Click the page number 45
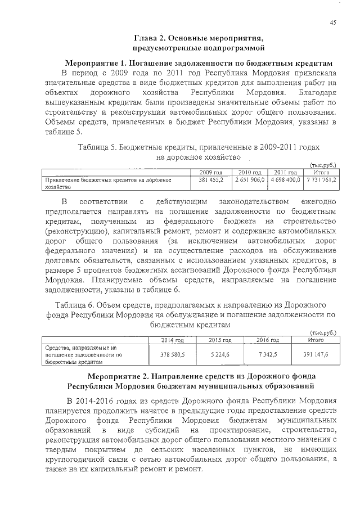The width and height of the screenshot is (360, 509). click(333, 22)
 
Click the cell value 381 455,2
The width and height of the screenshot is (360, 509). click(211, 179)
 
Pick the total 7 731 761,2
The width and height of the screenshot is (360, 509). click(321, 179)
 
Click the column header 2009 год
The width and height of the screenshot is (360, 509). click(211, 172)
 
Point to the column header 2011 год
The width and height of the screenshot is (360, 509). click(286, 172)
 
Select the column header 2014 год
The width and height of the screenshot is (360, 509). click(173, 340)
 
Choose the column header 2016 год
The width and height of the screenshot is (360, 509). click(268, 340)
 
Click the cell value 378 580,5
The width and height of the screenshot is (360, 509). click(173, 355)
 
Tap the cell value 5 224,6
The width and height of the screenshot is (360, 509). click(220, 355)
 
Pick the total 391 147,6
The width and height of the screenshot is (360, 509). click(315, 355)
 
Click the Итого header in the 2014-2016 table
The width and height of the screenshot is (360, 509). click(315, 340)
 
